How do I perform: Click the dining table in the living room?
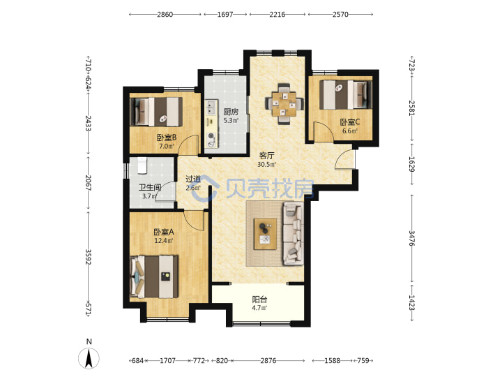click(284, 104)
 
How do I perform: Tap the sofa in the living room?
click(293, 233)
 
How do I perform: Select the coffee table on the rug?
click(265, 233)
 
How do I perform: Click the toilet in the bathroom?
click(142, 165)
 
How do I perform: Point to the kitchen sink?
click(211, 108)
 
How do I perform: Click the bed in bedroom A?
click(154, 276)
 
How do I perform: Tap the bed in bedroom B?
click(156, 112)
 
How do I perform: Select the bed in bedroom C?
click(346, 94)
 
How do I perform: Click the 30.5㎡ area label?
click(266, 165)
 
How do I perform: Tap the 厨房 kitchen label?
click(231, 112)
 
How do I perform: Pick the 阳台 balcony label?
click(259, 300)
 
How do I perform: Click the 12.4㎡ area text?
click(164, 240)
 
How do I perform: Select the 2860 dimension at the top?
click(165, 15)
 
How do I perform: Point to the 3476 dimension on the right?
click(412, 238)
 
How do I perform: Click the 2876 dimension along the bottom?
click(268, 361)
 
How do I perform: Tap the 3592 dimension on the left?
click(88, 257)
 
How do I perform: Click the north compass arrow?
click(89, 358)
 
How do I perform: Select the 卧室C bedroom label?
click(350, 122)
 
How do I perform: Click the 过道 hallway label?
click(193, 179)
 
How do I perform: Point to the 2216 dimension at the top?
click(277, 15)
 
